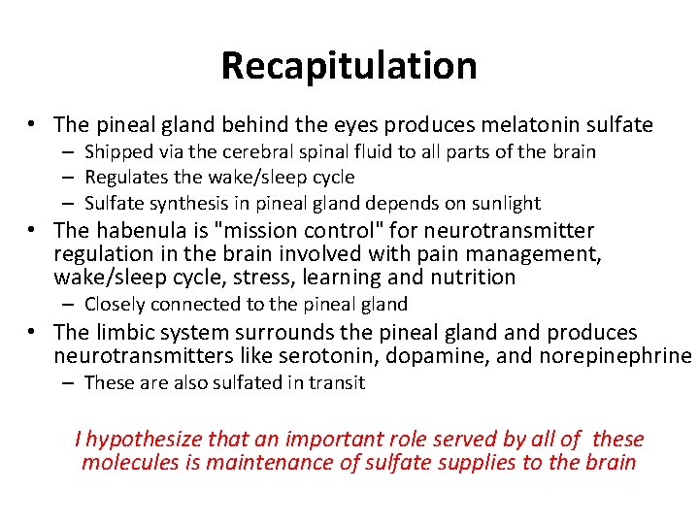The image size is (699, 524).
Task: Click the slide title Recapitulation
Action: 349,66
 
